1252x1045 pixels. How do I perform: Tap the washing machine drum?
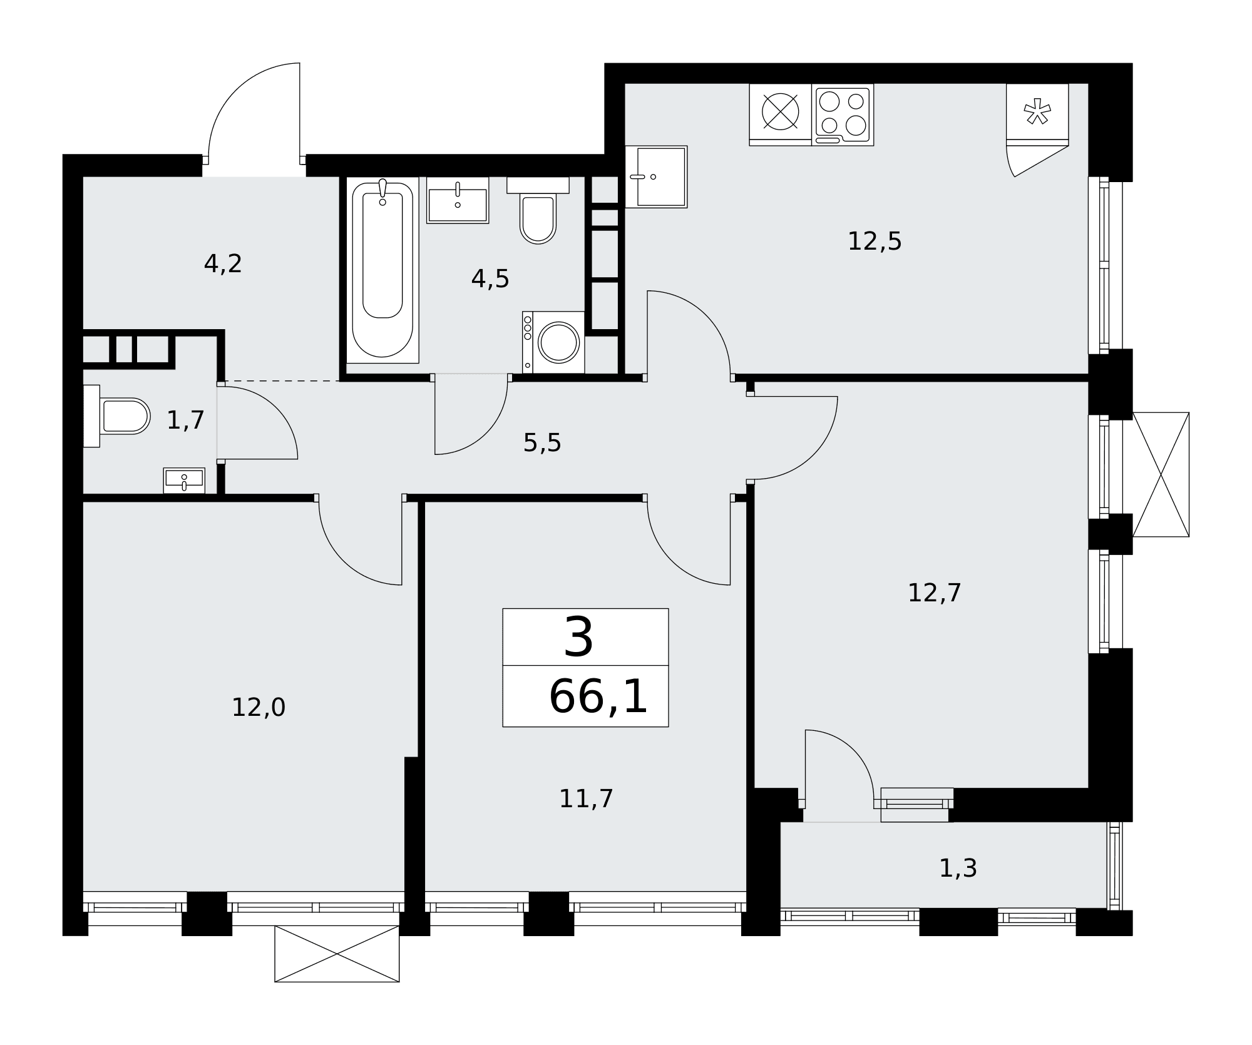558,342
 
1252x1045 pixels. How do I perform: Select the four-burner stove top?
843,115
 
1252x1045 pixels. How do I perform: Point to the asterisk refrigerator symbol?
1037,111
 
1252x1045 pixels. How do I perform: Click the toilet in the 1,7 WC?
117,416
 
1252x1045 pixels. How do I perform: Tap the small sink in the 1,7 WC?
184,480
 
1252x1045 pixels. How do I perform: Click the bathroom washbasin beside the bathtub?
458,200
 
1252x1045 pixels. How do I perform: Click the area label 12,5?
875,242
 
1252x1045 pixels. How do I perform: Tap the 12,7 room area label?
934,593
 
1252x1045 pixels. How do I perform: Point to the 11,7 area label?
586,799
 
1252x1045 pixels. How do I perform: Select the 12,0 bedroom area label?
259,708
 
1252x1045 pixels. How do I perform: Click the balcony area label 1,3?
958,869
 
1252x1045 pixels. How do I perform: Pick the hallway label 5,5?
542,444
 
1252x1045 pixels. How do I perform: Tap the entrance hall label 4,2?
223,264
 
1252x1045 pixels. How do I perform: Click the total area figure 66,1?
598,697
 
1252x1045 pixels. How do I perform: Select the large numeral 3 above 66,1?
578,638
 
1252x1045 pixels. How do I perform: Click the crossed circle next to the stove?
780,112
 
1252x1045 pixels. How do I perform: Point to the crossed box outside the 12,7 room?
1161,474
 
